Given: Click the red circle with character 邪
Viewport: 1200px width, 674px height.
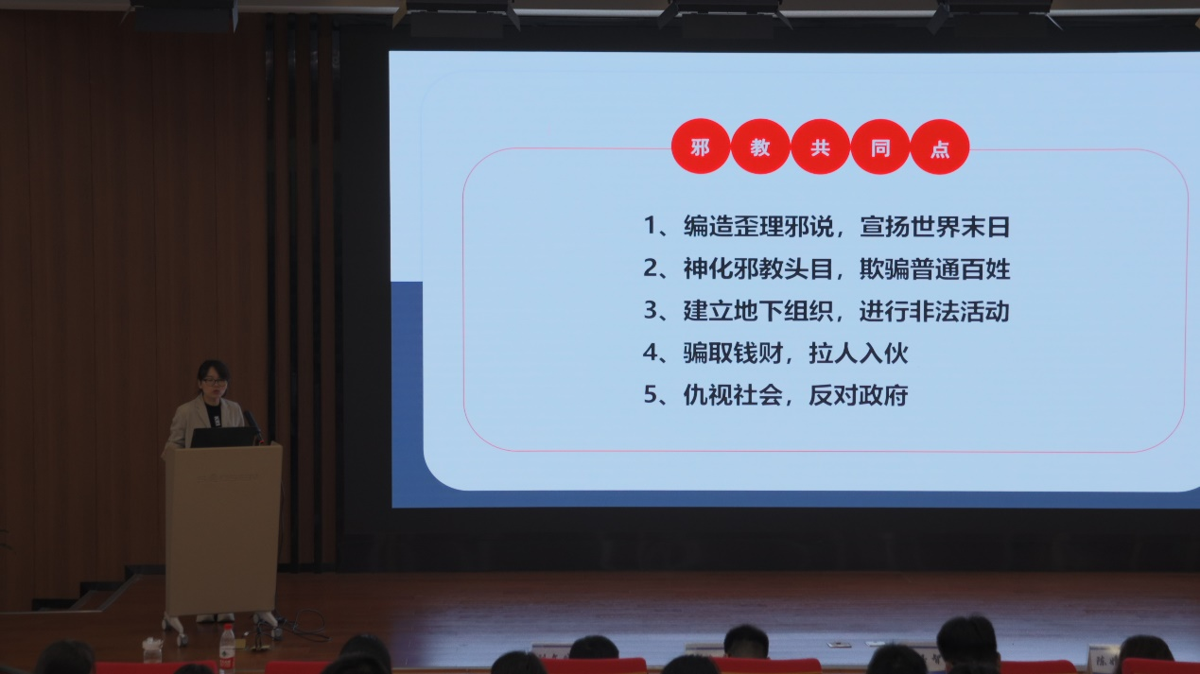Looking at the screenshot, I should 700,147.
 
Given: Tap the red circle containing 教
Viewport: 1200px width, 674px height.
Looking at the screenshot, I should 760,147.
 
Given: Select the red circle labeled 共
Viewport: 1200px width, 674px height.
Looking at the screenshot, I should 820,147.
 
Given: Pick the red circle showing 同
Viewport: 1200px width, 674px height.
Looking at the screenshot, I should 879,147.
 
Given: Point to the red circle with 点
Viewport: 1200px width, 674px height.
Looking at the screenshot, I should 940,147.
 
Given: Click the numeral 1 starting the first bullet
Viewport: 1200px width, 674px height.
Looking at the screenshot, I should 651,227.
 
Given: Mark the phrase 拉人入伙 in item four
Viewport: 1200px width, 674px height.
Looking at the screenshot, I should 859,353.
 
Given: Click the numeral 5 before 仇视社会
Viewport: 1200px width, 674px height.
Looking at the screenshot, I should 651,395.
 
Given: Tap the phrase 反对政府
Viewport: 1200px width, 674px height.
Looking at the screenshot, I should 859,395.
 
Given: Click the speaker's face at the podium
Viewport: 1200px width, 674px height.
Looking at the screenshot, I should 213,383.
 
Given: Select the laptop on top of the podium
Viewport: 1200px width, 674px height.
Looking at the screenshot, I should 222,436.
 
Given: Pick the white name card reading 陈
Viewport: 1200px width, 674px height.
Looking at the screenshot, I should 1103,658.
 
